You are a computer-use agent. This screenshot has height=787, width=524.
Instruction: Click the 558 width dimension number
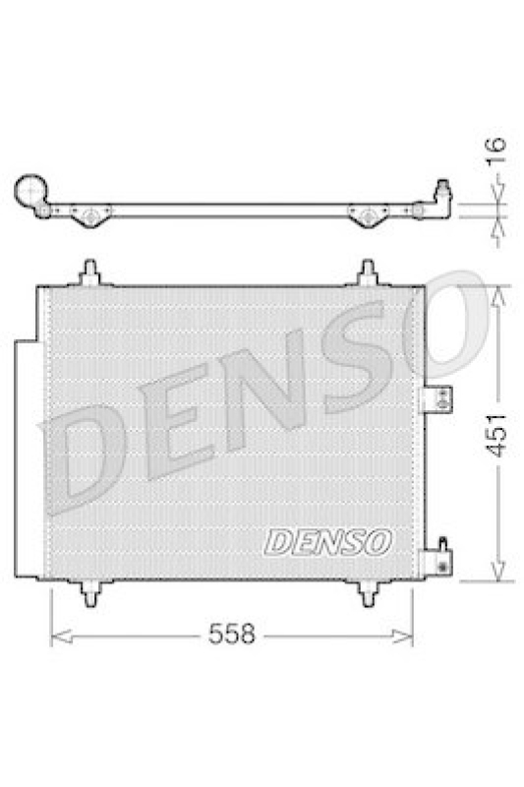click(232, 636)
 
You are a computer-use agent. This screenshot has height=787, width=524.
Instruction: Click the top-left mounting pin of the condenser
click(90, 272)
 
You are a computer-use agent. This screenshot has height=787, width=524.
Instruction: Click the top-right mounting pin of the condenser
click(368, 272)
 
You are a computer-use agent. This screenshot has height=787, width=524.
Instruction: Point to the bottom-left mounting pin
click(90, 593)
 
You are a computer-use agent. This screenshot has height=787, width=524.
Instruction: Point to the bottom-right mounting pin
click(369, 593)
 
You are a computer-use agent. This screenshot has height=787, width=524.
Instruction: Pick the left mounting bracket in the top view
click(90, 215)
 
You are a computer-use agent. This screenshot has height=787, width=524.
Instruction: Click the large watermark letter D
click(84, 454)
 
